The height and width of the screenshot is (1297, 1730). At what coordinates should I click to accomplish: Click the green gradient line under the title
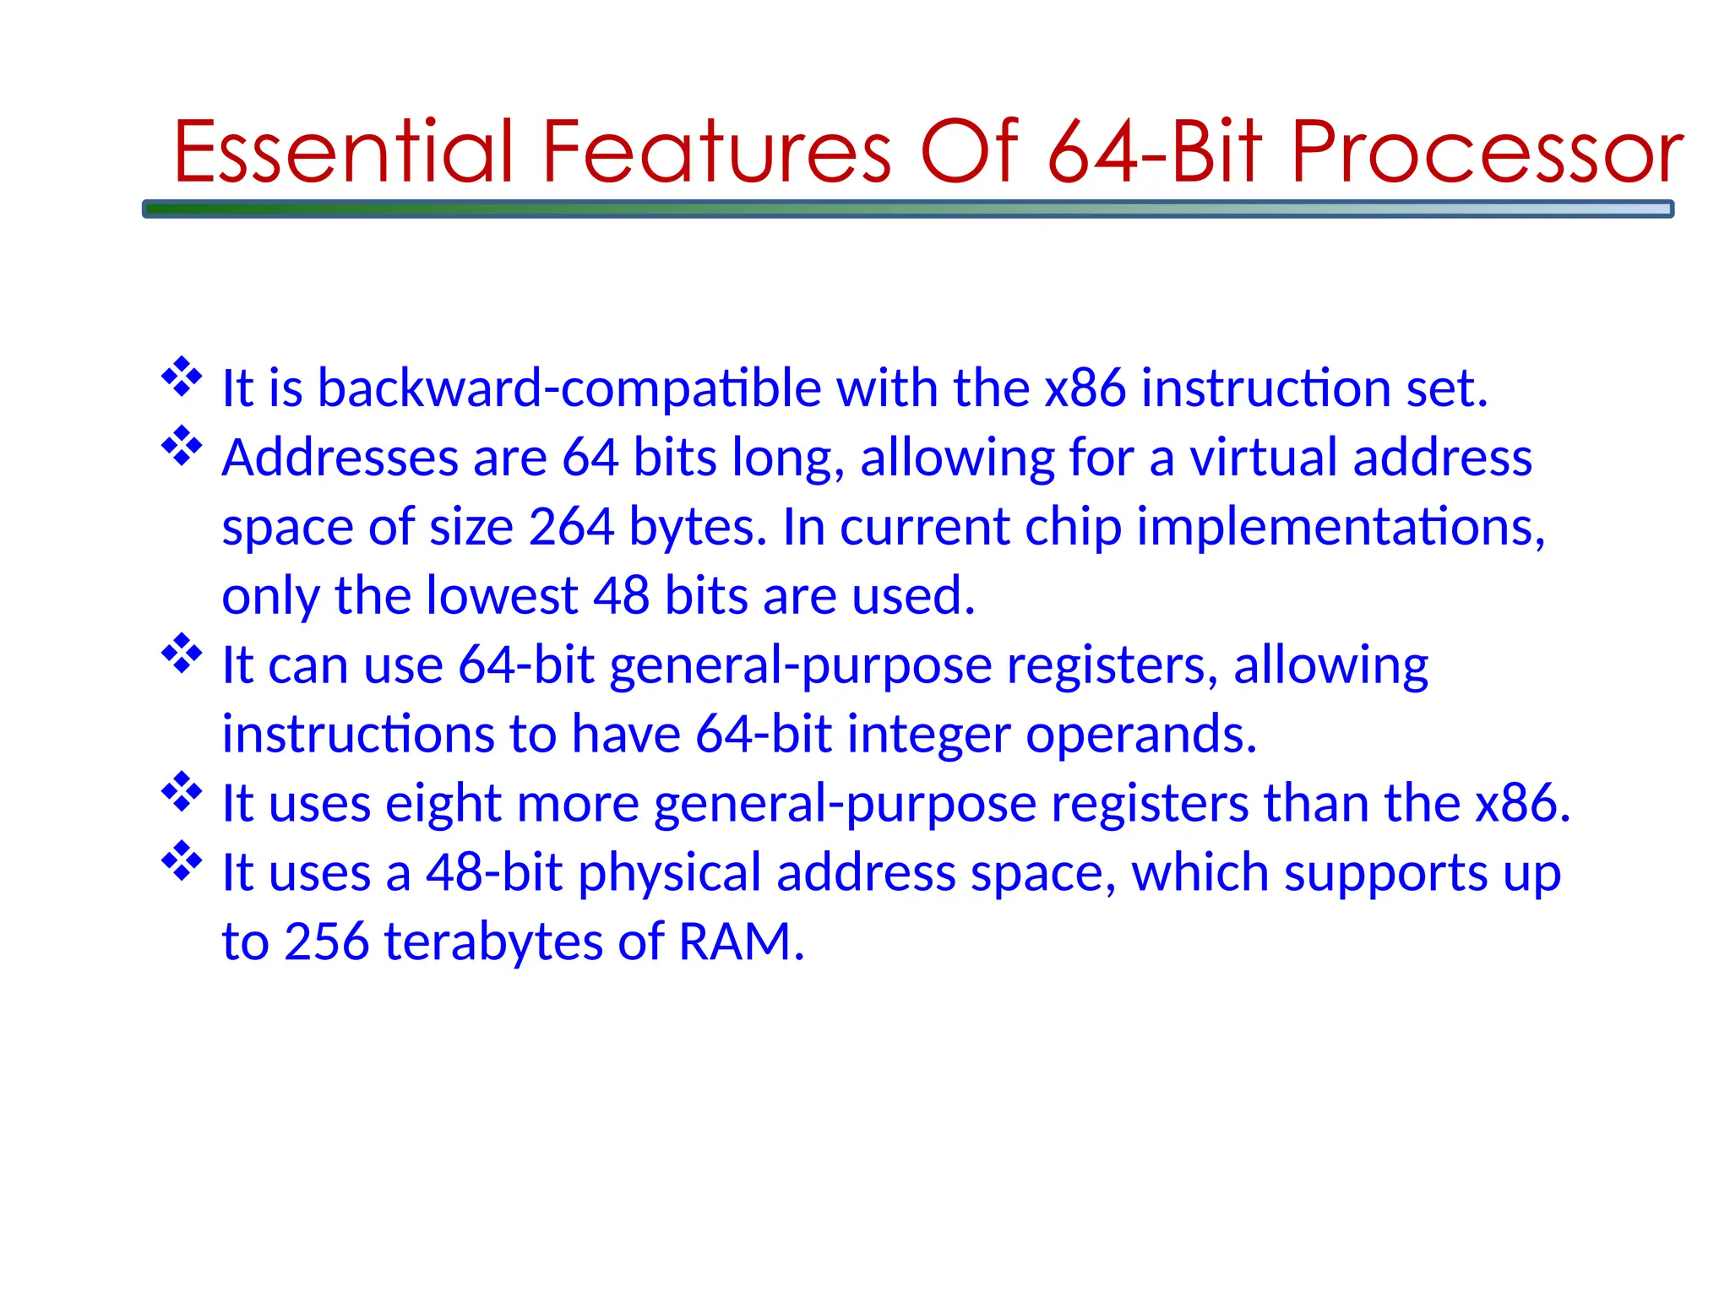click(x=907, y=209)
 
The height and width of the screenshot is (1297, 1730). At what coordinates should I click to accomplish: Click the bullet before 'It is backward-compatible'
click(x=182, y=377)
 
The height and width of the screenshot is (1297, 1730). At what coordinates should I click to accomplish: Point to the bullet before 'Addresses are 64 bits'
click(x=182, y=447)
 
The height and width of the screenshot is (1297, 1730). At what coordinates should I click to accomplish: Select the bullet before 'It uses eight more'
click(x=182, y=792)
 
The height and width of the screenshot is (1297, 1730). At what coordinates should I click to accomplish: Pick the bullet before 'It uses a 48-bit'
click(x=182, y=861)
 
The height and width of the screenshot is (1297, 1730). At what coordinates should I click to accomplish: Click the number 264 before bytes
click(x=571, y=527)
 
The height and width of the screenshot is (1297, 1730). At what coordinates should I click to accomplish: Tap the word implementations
click(x=1340, y=527)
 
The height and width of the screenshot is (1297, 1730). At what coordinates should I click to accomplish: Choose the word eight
click(x=443, y=804)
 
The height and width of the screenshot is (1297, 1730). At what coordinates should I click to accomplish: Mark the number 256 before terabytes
click(x=326, y=942)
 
